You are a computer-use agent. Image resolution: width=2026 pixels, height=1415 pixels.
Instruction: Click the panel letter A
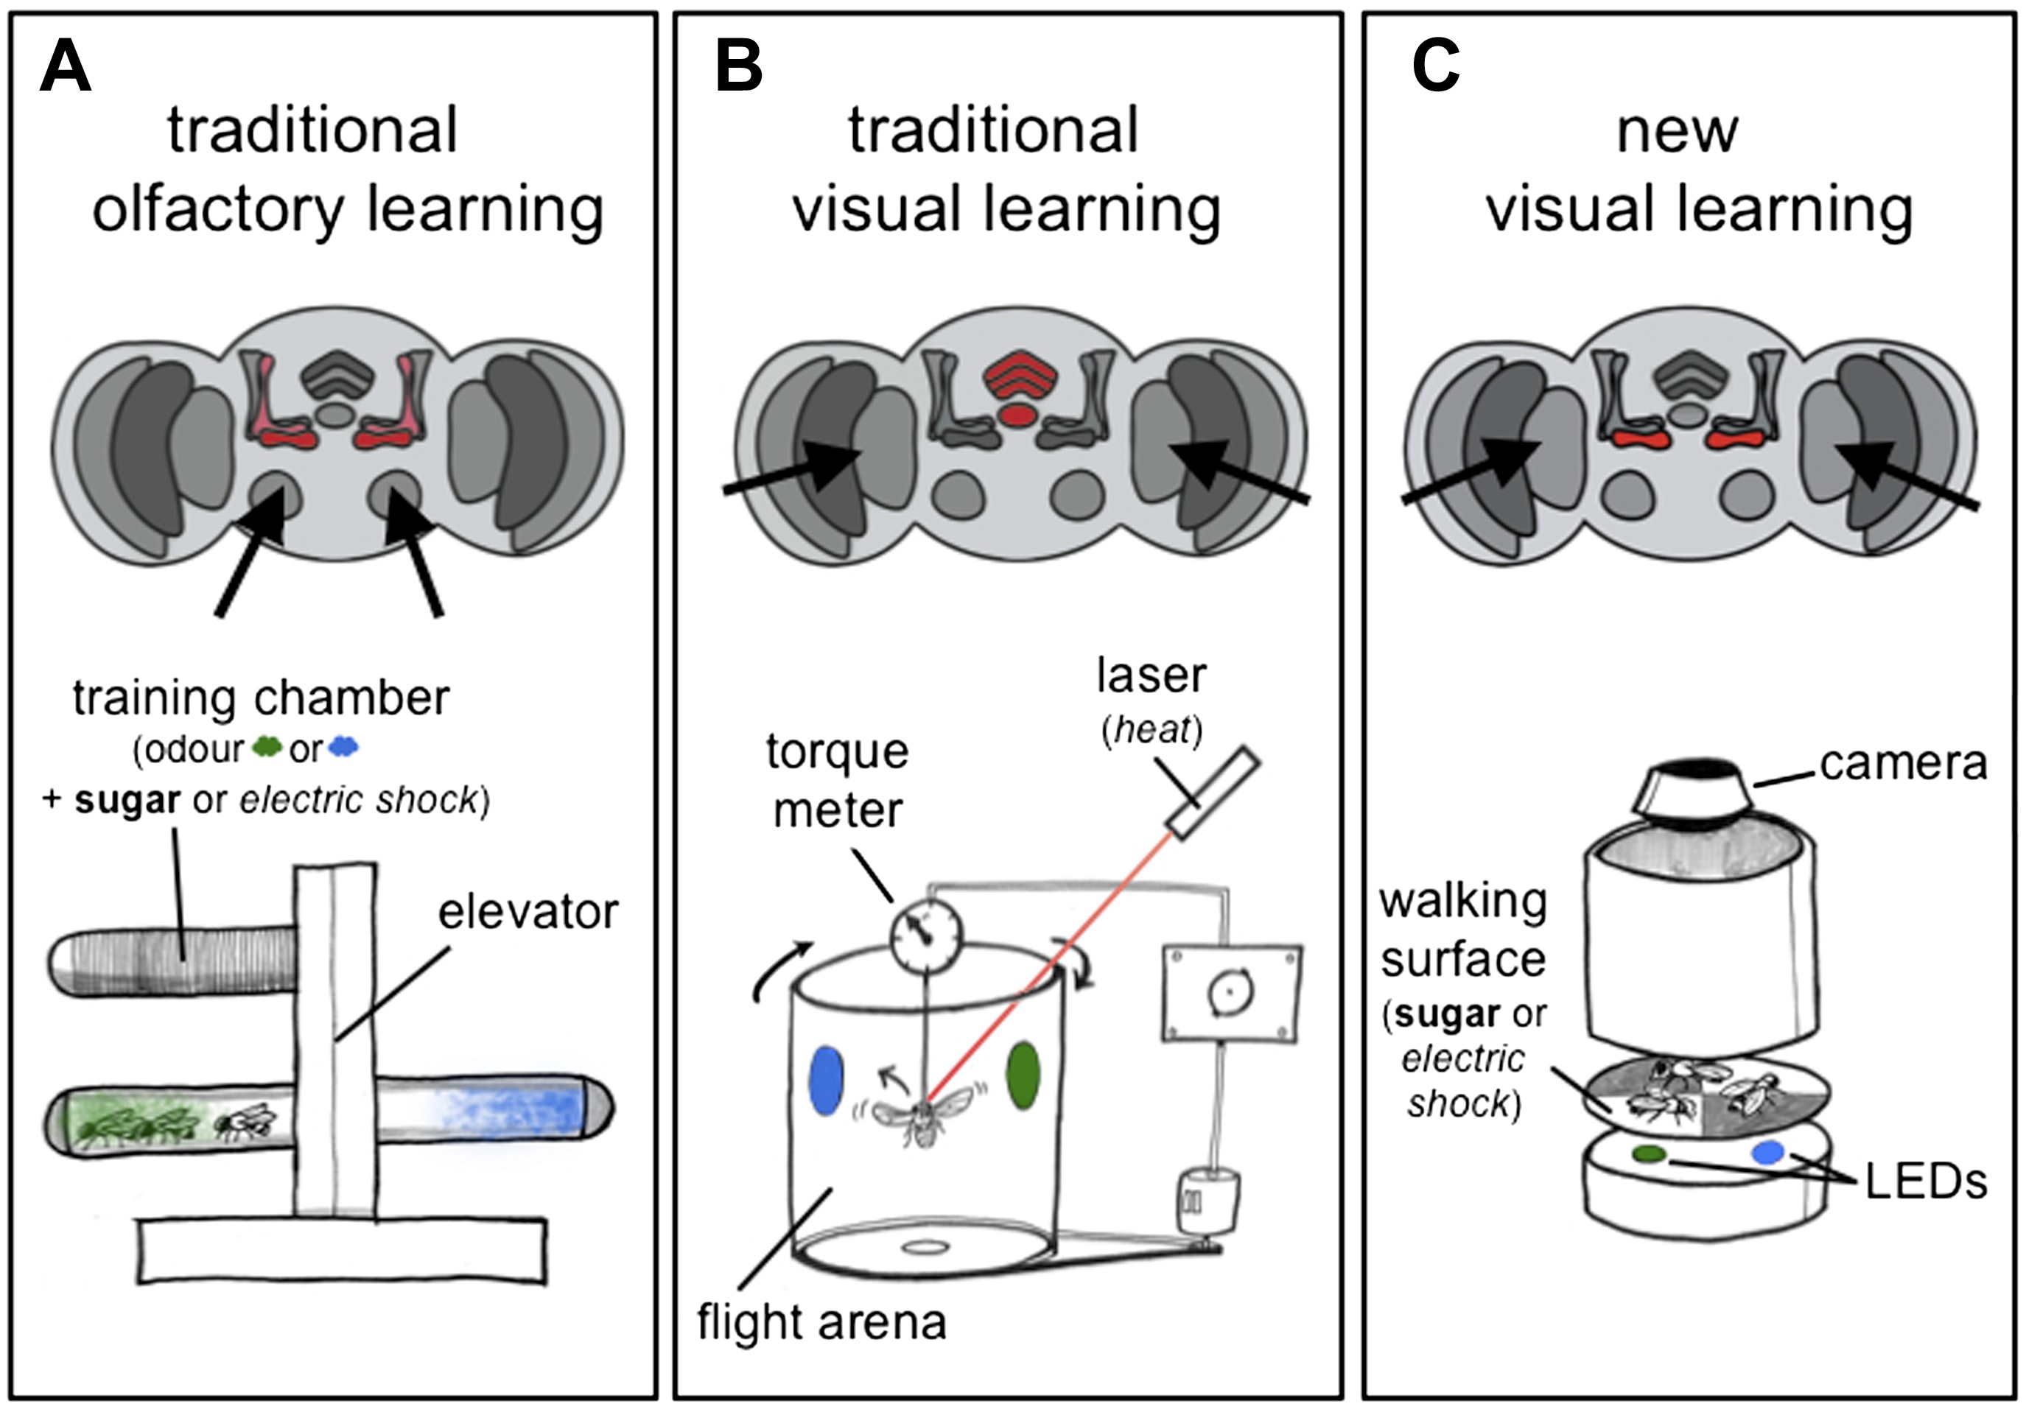[66, 67]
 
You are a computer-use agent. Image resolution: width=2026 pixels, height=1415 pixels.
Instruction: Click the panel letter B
[739, 67]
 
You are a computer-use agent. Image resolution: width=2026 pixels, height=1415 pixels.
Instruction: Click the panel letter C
[1435, 67]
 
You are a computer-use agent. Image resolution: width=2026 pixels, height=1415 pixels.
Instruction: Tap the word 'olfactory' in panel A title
[218, 210]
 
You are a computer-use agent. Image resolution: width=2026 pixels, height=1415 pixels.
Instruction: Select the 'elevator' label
[527, 912]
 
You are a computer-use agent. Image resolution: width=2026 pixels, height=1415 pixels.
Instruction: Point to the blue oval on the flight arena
[826, 1081]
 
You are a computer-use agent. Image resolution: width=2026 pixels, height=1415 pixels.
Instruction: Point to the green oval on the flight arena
[1023, 1076]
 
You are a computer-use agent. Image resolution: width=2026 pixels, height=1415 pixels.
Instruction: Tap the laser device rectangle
[1213, 791]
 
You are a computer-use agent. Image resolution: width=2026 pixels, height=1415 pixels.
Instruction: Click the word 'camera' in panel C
[1902, 764]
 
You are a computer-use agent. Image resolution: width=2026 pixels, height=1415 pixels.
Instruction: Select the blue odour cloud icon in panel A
[343, 747]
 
